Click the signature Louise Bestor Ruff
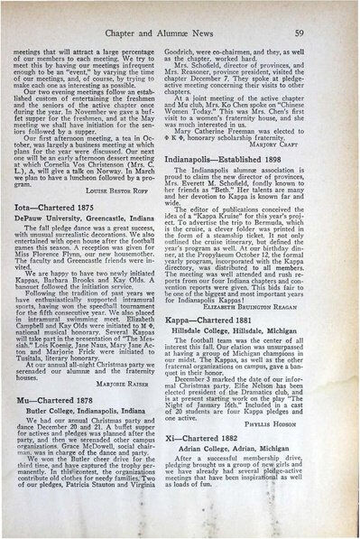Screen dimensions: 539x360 (140, 218)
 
